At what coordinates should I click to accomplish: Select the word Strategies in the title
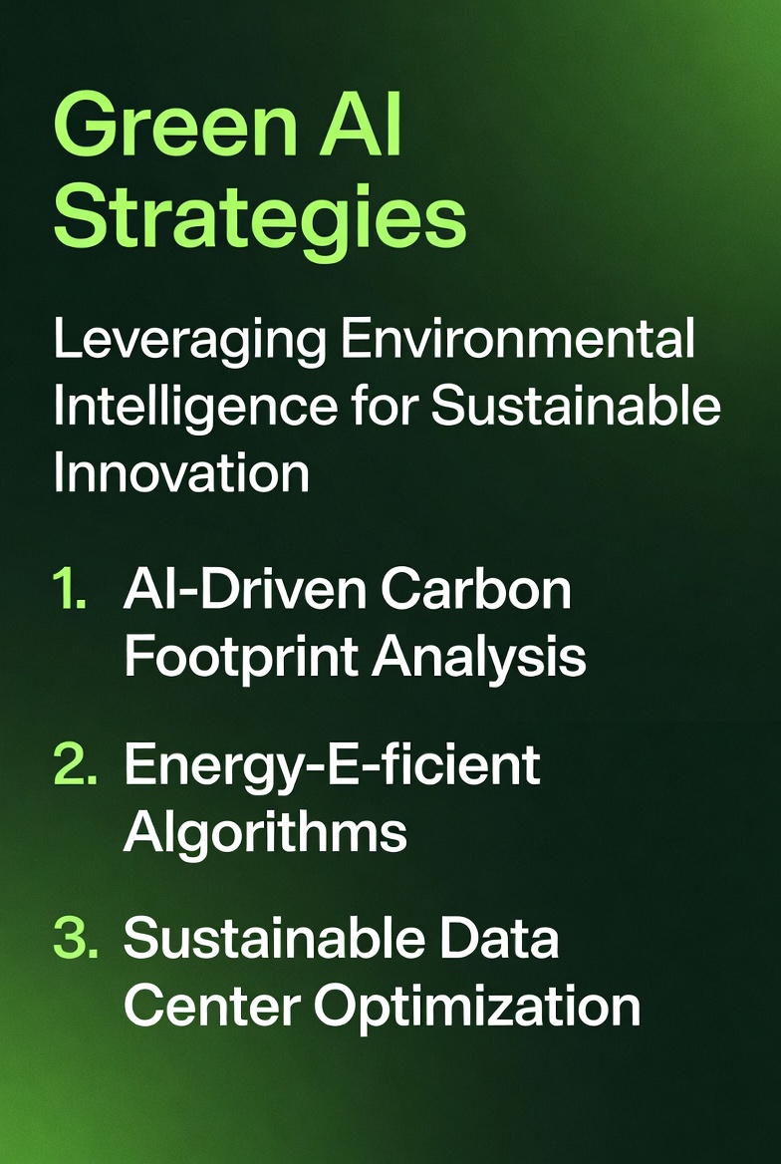pyautogui.click(x=260, y=218)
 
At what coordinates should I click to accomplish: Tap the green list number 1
pyautogui.click(x=70, y=592)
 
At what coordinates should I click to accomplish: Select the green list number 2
pyautogui.click(x=76, y=765)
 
